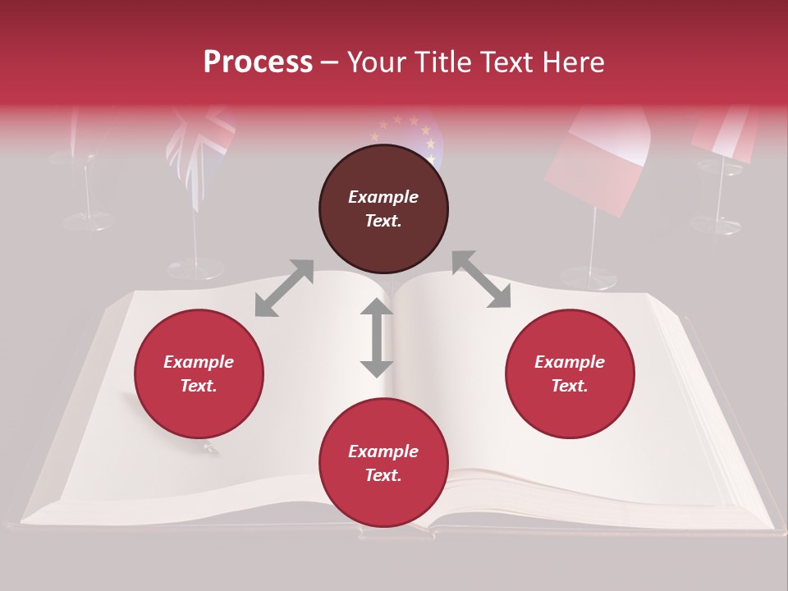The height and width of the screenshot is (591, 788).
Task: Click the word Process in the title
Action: point(258,62)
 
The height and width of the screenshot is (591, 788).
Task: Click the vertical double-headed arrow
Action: point(377,337)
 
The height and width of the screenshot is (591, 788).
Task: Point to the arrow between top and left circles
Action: point(284,288)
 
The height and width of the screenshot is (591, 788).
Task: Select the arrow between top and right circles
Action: point(481,279)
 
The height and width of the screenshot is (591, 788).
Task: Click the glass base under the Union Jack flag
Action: point(195,268)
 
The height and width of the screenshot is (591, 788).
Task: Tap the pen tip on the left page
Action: point(211,448)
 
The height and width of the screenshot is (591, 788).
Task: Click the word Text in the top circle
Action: point(383,221)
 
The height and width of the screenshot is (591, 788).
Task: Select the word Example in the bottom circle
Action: point(383,451)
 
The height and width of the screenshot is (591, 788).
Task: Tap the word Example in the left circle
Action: point(199,362)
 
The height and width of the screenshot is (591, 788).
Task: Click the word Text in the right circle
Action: point(570,386)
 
